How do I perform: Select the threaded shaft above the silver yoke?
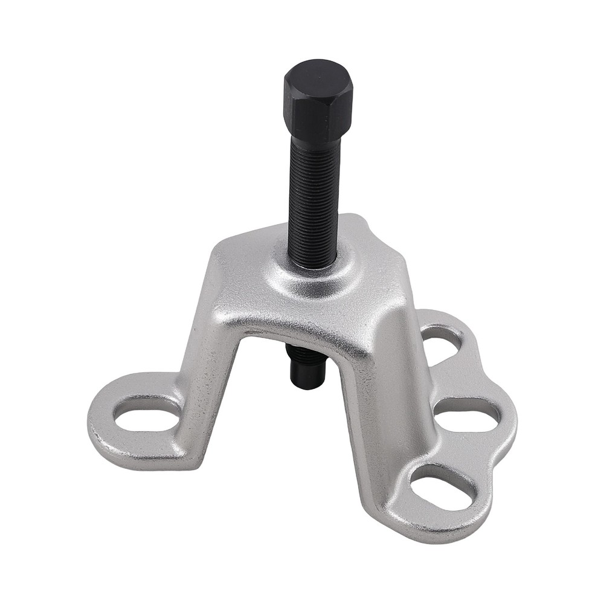point(312,199)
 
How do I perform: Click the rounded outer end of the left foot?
point(97,423)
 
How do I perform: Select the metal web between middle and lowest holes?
point(465,450)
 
